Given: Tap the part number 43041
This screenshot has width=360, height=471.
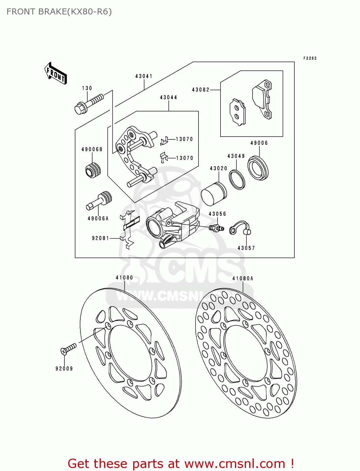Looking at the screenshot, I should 144,76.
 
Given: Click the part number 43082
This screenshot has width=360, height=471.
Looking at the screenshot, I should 200,90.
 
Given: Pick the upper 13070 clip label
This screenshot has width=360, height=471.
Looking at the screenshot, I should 184,139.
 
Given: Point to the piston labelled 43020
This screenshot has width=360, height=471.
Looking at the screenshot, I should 213,194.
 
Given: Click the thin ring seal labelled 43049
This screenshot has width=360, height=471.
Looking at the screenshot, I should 237,179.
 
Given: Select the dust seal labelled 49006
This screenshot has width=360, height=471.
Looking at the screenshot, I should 258,168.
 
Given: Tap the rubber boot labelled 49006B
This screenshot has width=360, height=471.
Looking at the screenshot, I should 93,170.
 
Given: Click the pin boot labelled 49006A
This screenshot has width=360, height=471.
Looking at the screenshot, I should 99,201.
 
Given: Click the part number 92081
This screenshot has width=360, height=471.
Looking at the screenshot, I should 101,238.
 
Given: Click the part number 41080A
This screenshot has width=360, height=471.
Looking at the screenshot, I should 243,279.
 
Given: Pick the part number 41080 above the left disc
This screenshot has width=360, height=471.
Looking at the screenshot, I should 124,278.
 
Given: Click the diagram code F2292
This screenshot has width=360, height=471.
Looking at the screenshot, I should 310,58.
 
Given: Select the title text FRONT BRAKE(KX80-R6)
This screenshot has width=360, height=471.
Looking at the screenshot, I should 59,12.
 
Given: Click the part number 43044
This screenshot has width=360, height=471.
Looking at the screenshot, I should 168,98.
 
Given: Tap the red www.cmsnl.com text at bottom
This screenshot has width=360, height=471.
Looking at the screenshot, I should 234,464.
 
